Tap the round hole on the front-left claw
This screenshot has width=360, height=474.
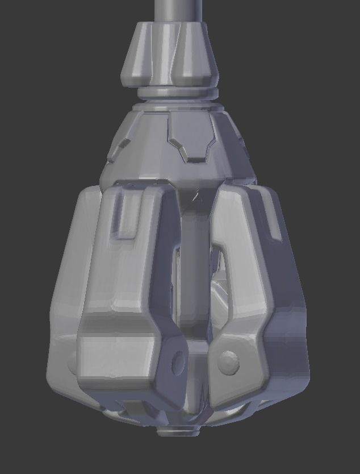coord(178,360)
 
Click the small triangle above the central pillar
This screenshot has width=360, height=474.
coord(198,197)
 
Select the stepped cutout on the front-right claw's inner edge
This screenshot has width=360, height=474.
coord(221,261)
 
